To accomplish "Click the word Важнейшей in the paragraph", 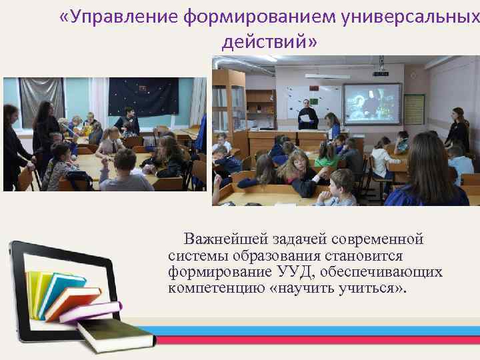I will pyautogui.click(x=227, y=239).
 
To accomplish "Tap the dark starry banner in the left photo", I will pyautogui.click(x=143, y=96).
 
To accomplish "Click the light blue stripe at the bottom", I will pyautogui.click(x=313, y=330).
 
